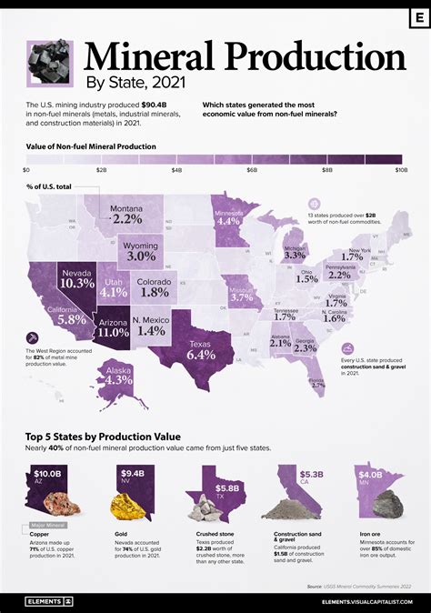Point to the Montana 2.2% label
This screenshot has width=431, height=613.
pyautogui.click(x=126, y=216)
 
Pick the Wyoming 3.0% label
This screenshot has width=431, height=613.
pyautogui.click(x=142, y=253)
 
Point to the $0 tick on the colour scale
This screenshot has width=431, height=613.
pyautogui.click(x=26, y=170)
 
